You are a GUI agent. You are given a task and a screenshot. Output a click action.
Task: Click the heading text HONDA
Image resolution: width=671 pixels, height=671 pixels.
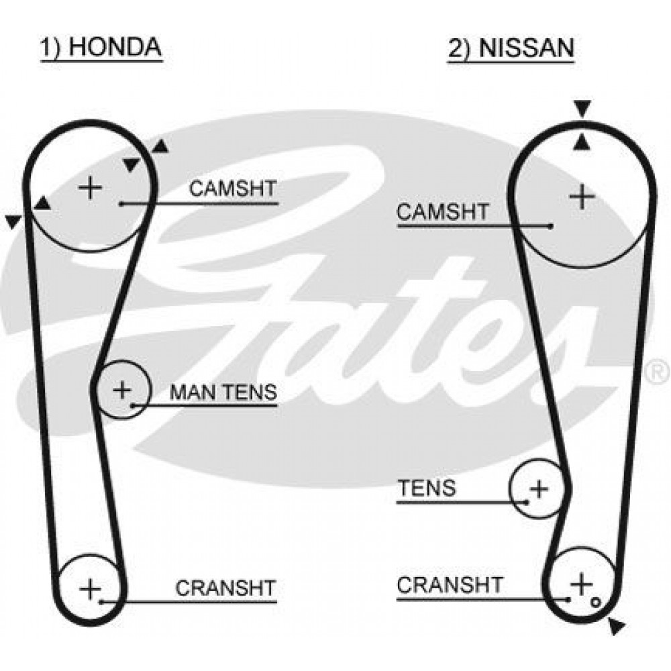click(x=115, y=47)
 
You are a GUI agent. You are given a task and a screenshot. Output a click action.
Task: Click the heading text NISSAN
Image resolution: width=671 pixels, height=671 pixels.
click(x=526, y=48)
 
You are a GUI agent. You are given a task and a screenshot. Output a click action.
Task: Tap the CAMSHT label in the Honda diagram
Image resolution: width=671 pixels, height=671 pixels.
click(x=233, y=189)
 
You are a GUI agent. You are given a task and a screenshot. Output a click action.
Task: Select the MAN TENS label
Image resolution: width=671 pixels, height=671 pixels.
click(x=223, y=392)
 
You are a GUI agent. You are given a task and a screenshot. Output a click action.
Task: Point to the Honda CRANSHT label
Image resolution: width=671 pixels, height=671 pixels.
click(x=225, y=588)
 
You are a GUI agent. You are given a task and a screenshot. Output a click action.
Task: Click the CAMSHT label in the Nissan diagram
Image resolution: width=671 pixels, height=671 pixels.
click(x=442, y=211)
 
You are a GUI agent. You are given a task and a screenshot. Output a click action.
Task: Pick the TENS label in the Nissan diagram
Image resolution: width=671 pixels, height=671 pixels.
click(x=427, y=488)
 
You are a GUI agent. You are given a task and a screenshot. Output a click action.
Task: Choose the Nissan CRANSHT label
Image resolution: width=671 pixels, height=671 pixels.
click(x=450, y=584)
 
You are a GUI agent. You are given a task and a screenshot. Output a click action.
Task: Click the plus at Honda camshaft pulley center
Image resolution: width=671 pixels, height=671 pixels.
click(x=91, y=188)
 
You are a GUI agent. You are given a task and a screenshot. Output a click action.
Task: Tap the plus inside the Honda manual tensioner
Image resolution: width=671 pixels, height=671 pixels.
click(x=122, y=390)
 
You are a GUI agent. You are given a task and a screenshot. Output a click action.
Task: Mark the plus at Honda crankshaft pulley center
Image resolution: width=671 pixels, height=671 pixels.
click(x=91, y=589)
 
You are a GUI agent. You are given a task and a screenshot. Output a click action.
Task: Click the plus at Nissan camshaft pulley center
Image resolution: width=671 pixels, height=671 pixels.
click(x=582, y=197)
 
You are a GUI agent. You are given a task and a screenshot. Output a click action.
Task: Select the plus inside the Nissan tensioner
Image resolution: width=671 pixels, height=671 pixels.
click(x=539, y=488)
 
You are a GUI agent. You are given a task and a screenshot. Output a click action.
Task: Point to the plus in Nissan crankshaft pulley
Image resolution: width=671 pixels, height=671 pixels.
click(x=581, y=584)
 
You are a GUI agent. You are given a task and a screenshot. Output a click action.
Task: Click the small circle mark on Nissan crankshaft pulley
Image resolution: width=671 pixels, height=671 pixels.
click(x=595, y=603)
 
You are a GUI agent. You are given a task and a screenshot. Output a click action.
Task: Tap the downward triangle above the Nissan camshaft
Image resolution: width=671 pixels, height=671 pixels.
click(x=582, y=108)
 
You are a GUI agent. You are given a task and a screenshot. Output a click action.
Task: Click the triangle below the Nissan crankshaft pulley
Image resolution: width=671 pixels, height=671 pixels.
click(x=617, y=626)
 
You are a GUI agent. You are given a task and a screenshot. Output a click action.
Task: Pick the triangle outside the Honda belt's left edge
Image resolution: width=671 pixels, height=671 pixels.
click(x=13, y=221)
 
